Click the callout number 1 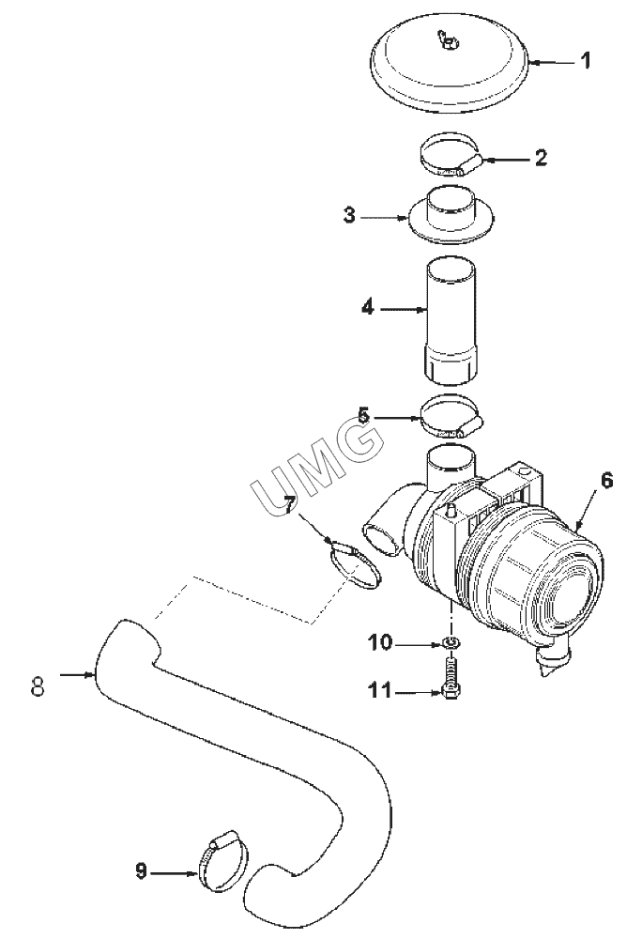tap(587, 60)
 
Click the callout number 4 tap(368, 308)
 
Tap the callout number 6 tap(606, 480)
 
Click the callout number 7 tap(289, 505)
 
